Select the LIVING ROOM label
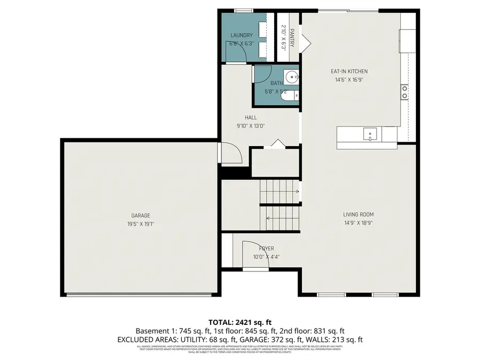[x=358, y=215]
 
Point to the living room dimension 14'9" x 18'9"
[x=358, y=223]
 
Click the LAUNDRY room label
[x=241, y=36]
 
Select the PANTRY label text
[x=292, y=38]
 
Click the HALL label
[x=251, y=117]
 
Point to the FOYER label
[x=266, y=249]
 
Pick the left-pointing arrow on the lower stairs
[x=268, y=217]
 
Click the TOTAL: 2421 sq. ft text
[x=239, y=322]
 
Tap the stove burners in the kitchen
[x=405, y=92]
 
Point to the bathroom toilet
[x=291, y=96]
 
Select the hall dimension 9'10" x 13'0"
[x=251, y=126]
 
